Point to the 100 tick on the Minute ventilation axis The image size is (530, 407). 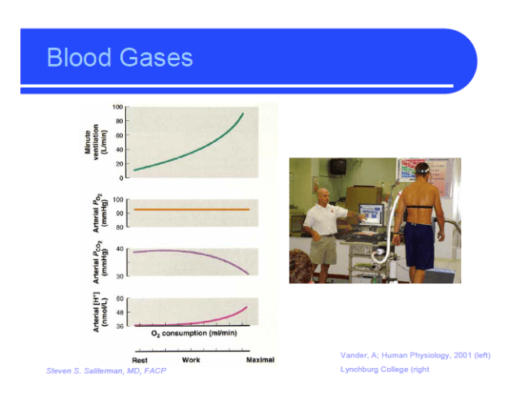coord(118,107)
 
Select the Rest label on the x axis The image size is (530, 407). coord(140,360)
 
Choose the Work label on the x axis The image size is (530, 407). coord(191,360)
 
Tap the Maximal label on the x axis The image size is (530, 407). coord(260,360)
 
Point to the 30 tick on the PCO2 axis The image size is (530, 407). coord(119,277)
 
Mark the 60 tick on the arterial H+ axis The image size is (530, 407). coord(119,299)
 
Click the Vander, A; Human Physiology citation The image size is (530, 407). coord(415,355)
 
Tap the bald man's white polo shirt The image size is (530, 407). coord(320,221)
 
